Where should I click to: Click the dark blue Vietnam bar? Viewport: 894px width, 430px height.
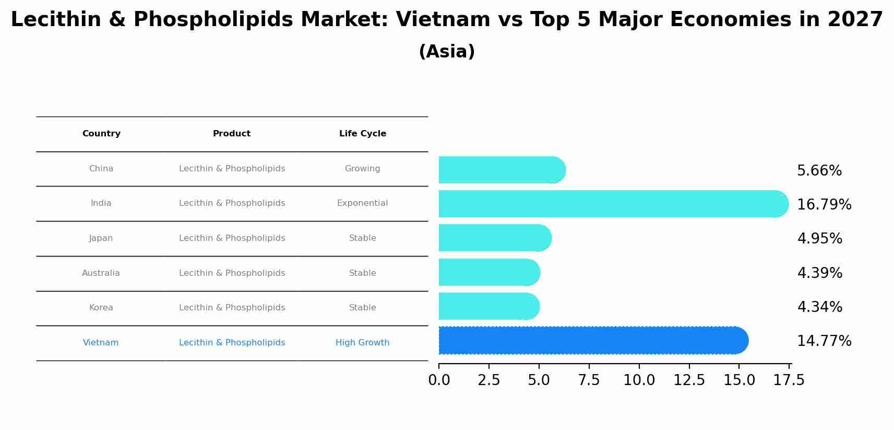click(590, 341)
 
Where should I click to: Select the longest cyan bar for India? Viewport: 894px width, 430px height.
click(611, 204)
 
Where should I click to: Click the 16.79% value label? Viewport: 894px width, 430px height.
click(824, 205)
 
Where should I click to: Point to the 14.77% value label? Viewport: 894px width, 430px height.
click(824, 341)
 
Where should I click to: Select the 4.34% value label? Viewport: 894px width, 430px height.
click(819, 307)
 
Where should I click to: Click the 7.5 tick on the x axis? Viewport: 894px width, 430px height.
click(589, 380)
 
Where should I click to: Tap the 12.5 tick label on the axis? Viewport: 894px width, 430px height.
click(689, 380)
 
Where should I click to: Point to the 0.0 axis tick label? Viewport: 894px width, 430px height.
click(439, 380)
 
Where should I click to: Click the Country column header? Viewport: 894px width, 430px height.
click(101, 134)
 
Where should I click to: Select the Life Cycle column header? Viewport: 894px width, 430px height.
click(363, 134)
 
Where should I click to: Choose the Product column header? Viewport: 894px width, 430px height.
click(232, 134)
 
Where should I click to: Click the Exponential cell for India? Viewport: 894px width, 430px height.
click(362, 203)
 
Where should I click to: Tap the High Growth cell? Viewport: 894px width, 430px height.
click(362, 343)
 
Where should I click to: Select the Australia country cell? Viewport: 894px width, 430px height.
click(101, 273)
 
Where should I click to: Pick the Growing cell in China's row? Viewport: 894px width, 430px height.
click(362, 169)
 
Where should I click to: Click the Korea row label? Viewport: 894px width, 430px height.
click(101, 308)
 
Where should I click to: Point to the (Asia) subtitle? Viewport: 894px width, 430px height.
click(447, 52)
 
